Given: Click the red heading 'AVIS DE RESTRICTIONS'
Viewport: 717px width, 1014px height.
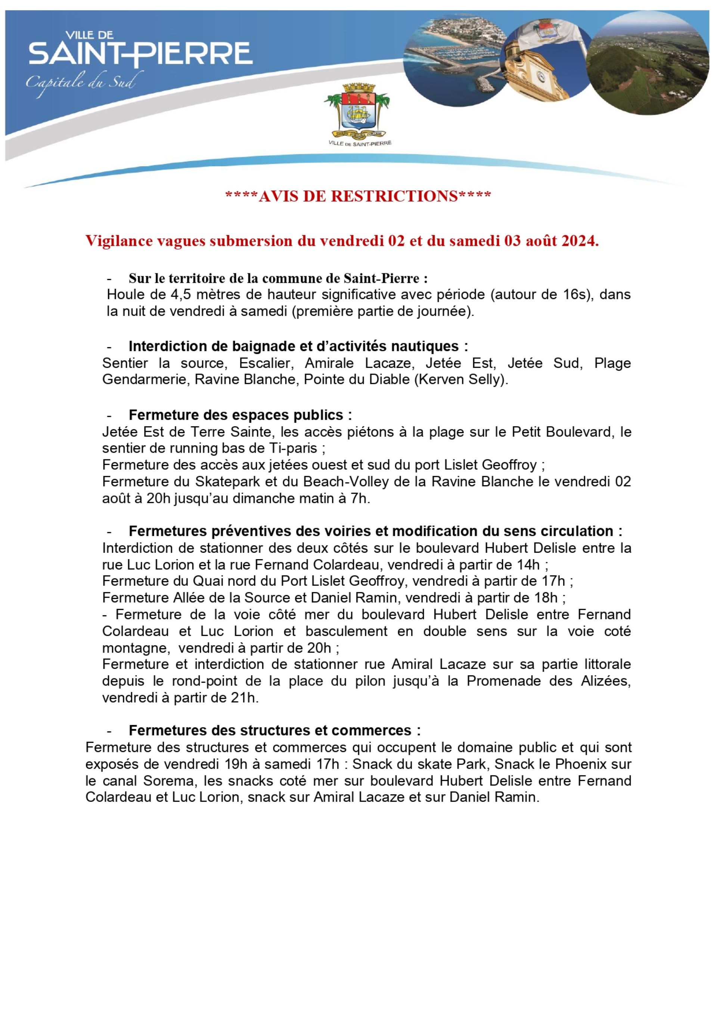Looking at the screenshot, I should click(358, 196).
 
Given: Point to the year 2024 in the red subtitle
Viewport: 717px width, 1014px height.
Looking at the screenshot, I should click(576, 241).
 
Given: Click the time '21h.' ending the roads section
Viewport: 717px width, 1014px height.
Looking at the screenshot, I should click(245, 698).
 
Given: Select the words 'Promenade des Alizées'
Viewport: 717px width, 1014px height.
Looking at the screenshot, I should click(548, 682).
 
